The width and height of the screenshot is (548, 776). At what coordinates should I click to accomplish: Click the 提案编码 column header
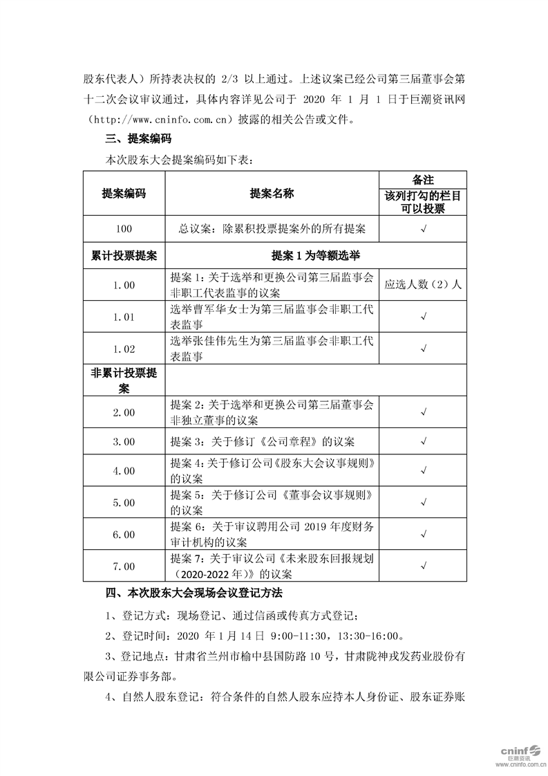[124, 194]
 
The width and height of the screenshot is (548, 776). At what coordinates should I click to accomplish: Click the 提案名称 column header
[272, 194]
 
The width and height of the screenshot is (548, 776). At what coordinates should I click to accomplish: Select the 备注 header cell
[423, 179]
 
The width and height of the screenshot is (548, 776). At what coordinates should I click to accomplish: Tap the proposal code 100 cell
[124, 228]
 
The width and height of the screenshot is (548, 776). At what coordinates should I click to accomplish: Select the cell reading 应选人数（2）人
[423, 284]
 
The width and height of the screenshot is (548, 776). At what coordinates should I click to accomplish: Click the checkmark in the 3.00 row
[423, 441]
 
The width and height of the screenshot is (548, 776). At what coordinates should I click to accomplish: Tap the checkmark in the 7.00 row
[423, 566]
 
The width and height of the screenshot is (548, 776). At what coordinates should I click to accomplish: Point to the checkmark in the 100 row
[423, 228]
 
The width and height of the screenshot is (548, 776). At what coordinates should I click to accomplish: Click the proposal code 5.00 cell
[124, 503]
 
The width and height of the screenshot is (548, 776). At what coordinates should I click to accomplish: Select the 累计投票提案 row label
[124, 255]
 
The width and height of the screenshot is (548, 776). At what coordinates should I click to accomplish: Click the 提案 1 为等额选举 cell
[316, 255]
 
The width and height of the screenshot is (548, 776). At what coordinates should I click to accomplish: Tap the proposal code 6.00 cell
[124, 535]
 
